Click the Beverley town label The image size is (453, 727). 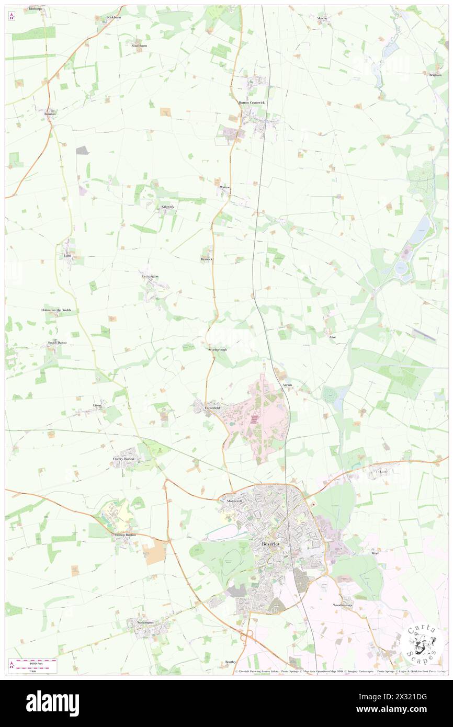270,544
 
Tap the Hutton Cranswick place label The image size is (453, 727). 252,103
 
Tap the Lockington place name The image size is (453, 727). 150,276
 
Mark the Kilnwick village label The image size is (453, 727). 167,207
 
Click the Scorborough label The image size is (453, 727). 217,349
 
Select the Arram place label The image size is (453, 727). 287,385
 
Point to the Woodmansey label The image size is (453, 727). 343,605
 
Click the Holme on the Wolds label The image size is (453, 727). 56,310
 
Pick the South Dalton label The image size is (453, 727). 58,343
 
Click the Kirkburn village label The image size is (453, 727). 114,17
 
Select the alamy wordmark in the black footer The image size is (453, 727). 52,703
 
